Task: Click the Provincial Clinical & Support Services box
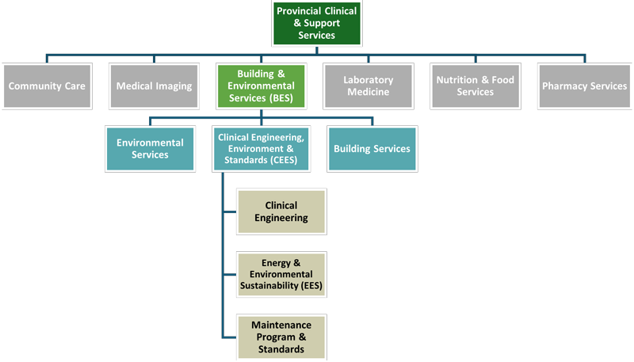pyautogui.click(x=316, y=23)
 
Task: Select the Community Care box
pyautogui.click(x=47, y=86)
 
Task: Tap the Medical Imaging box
pyautogui.click(x=154, y=86)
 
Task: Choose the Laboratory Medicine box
pyautogui.click(x=369, y=86)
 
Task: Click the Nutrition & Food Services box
pyautogui.click(x=475, y=86)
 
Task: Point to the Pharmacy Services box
pyautogui.click(x=584, y=86)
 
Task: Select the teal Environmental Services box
pyautogui.click(x=150, y=149)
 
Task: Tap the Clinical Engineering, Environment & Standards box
pyautogui.click(x=261, y=149)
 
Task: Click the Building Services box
pyautogui.click(x=372, y=149)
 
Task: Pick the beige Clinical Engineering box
pyautogui.click(x=281, y=211)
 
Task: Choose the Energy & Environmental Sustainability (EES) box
pyautogui.click(x=281, y=274)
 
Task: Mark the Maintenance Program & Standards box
pyautogui.click(x=281, y=337)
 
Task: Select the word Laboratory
pyautogui.click(x=369, y=80)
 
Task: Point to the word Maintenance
pyautogui.click(x=281, y=325)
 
